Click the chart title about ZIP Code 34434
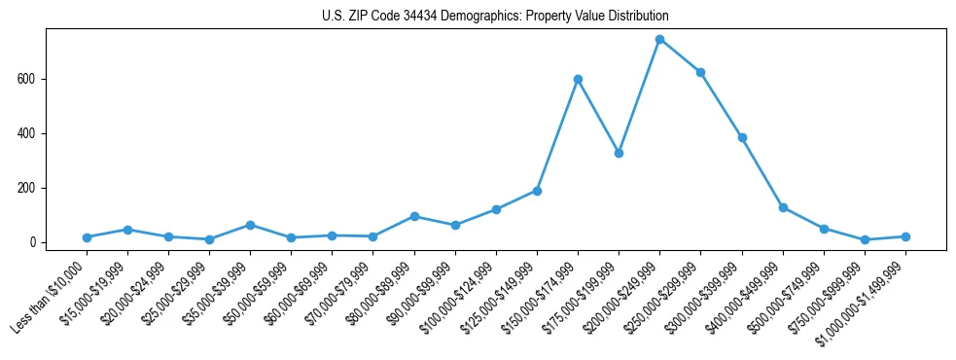click(495, 17)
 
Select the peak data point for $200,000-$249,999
click(659, 40)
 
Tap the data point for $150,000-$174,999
click(578, 79)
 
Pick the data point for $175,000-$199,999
click(619, 153)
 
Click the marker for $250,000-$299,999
click(700, 72)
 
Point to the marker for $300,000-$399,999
click(742, 137)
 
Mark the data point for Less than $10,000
click(87, 237)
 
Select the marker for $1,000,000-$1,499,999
click(905, 236)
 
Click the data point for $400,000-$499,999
click(783, 207)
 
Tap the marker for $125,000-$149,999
click(537, 191)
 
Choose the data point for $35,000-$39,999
click(250, 225)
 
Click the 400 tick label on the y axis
click(30, 133)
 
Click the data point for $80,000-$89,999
click(414, 216)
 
